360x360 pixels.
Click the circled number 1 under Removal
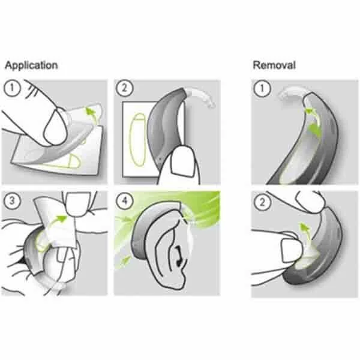click(x=260, y=88)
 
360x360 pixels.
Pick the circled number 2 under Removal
click(x=260, y=200)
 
